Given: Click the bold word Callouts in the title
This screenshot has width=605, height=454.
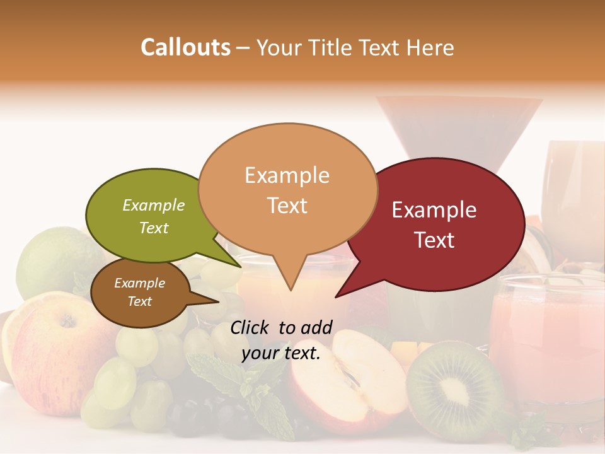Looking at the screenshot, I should click(x=185, y=47).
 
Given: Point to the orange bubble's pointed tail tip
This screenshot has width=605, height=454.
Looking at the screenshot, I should click(x=290, y=290).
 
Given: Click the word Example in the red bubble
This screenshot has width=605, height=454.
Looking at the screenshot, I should click(x=434, y=210).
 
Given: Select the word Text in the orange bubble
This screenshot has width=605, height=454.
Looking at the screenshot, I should click(x=287, y=206).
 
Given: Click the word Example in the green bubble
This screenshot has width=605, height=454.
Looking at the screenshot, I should click(x=154, y=205).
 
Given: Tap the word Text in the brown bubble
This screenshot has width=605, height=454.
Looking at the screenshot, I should click(x=140, y=301).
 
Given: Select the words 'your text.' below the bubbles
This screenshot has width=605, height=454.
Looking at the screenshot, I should click(x=281, y=353).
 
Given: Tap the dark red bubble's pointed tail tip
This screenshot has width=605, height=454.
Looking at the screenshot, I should click(x=336, y=296).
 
